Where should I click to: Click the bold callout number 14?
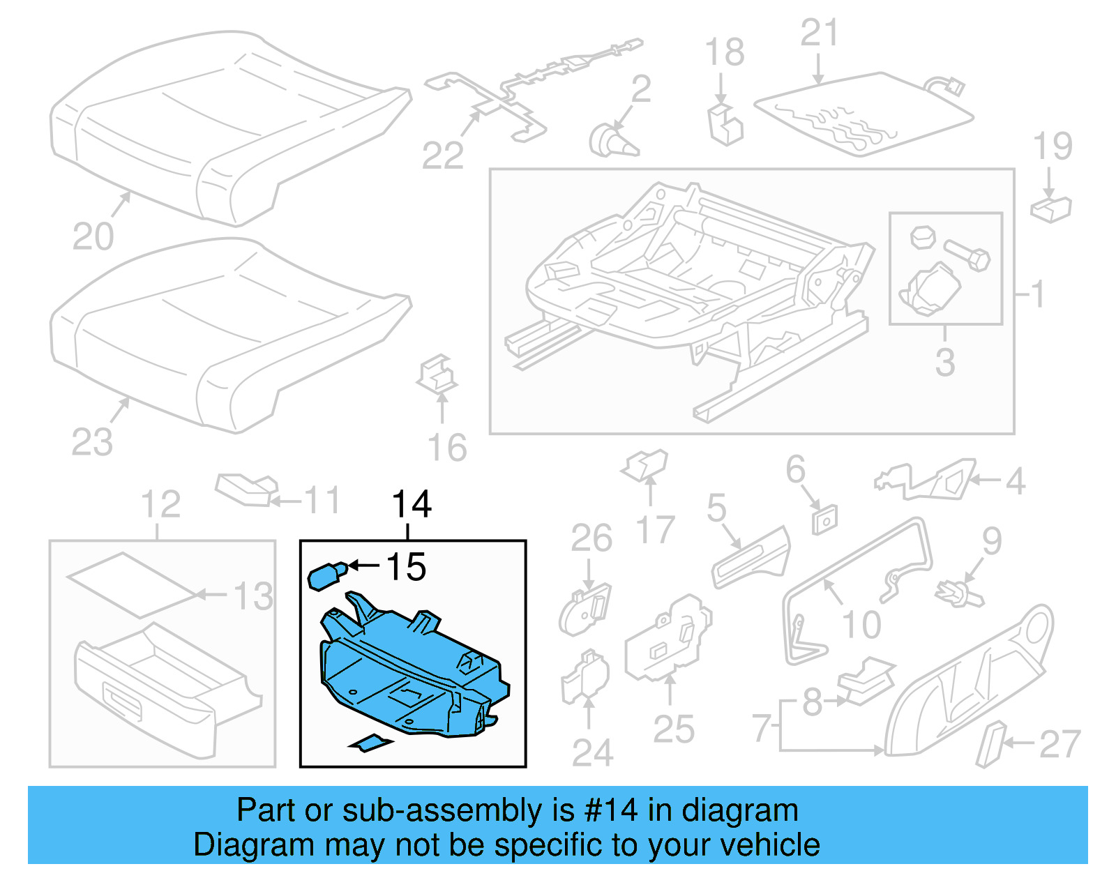412,504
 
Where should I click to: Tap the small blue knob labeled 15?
326,577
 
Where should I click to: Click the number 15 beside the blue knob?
405,567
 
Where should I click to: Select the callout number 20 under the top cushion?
93,237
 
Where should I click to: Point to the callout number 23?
91,442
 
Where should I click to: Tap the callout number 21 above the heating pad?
819,33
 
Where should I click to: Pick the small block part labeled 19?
1050,209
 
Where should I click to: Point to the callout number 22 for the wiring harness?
442,156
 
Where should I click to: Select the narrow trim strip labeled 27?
990,744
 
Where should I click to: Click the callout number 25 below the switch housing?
673,729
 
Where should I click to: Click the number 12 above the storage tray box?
160,504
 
